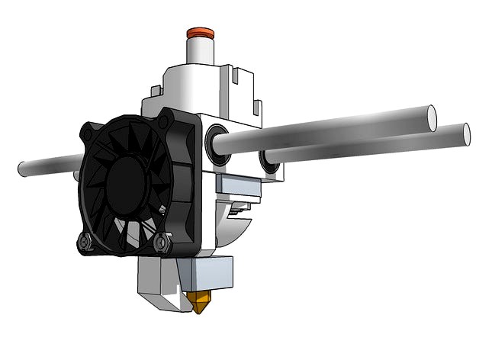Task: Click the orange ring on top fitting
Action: [200, 34]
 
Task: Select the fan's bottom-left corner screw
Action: [86, 242]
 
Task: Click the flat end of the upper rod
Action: [431, 117]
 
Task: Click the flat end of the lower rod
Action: [464, 133]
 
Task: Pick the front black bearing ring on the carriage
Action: [216, 142]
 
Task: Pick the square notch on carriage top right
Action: [243, 76]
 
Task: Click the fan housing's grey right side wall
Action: [188, 183]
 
